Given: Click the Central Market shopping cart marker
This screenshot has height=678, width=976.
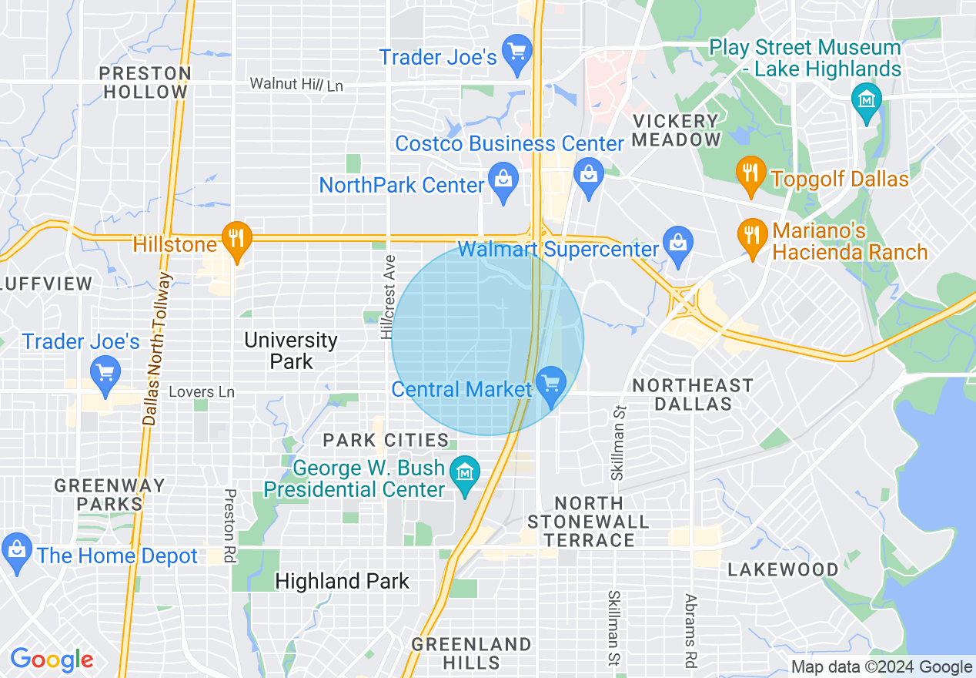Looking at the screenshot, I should [550, 383].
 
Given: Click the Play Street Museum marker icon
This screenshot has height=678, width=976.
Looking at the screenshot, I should [867, 100].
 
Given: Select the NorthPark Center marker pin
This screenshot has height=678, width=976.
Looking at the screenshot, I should [503, 181].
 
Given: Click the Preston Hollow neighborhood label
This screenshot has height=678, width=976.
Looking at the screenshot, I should [145, 82].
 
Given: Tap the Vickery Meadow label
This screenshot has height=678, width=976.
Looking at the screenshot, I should [676, 130].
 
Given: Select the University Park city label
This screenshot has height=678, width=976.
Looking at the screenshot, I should [291, 351].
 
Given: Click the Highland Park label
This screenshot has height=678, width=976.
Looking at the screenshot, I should [342, 581].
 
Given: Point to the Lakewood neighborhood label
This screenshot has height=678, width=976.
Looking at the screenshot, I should [784, 569].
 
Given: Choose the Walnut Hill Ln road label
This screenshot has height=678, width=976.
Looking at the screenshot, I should [296, 84].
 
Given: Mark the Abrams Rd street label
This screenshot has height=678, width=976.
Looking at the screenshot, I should [690, 629].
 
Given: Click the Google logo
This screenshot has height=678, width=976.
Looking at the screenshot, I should [52, 660].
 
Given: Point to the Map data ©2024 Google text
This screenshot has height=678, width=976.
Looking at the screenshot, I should [882, 667].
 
